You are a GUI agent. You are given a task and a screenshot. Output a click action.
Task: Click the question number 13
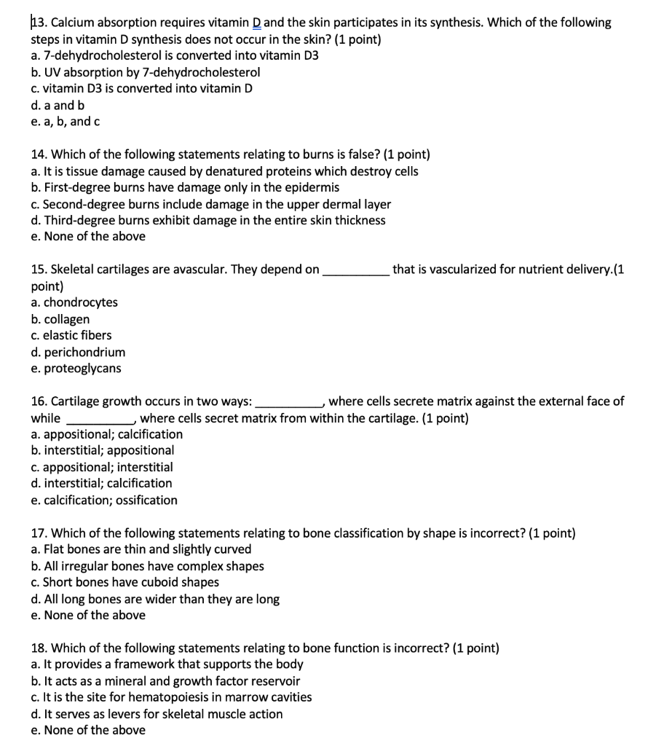(39, 23)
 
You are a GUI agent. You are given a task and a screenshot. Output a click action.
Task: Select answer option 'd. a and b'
(53, 105)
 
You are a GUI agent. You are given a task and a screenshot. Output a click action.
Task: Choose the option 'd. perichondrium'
(78, 352)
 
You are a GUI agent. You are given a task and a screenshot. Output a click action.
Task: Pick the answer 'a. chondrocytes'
(74, 302)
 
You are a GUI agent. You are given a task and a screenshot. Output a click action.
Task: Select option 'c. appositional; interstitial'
(102, 467)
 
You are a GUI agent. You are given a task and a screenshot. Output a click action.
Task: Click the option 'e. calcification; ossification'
(104, 500)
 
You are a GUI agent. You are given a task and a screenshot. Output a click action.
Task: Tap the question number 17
(39, 533)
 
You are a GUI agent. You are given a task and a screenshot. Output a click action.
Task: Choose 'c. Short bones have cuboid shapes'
(125, 582)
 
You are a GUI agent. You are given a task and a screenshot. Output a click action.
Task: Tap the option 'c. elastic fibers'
(71, 335)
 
